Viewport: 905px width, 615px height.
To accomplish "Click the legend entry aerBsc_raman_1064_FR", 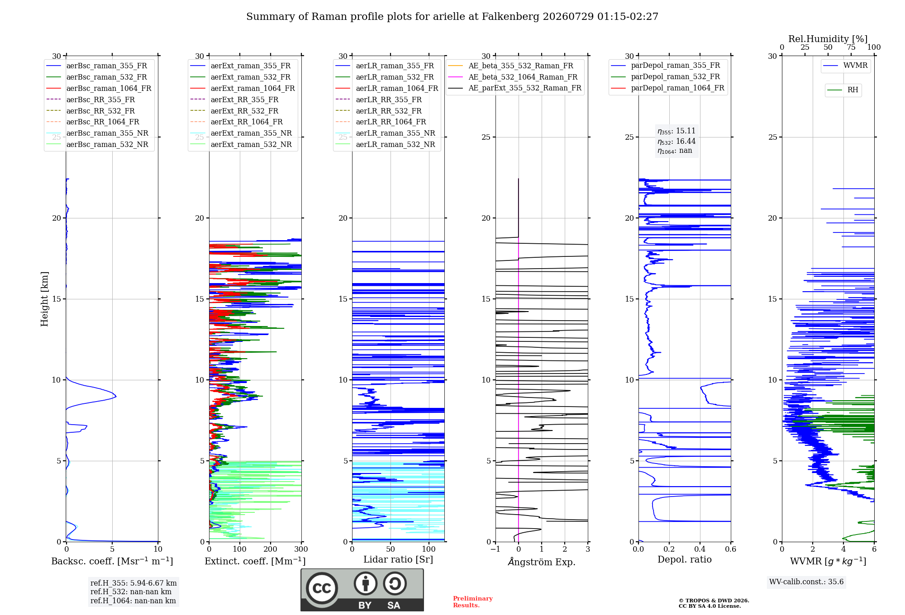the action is (x=99, y=88).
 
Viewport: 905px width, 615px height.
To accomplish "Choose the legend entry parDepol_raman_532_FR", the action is (x=666, y=77).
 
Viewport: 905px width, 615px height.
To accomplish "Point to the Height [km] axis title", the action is (x=44, y=299).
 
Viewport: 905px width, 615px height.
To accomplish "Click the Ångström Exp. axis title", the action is (x=542, y=562).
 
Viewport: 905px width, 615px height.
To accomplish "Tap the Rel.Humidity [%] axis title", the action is (x=828, y=39).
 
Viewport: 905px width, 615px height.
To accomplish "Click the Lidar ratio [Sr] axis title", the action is (x=398, y=559).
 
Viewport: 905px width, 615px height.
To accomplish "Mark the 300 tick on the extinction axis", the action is (x=301, y=549).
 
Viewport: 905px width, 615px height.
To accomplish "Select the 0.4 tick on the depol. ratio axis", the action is (x=700, y=549).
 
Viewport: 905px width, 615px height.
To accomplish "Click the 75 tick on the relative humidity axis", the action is (x=851, y=47).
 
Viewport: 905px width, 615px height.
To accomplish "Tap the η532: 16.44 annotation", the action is (x=676, y=141).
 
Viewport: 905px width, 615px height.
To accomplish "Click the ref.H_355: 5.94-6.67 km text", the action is (x=133, y=583).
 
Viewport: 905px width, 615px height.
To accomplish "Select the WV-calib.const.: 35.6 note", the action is (x=806, y=582).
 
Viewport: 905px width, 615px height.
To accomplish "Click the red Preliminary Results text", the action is (x=473, y=602).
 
